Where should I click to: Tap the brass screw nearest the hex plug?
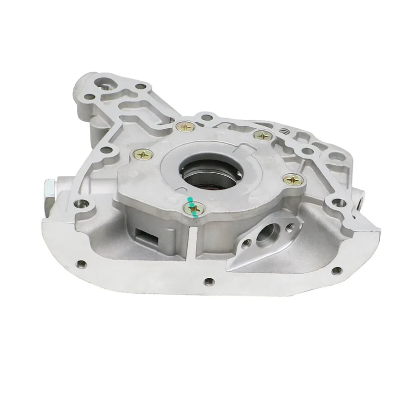click(x=142, y=155)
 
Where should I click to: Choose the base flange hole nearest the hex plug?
click(x=79, y=264)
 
